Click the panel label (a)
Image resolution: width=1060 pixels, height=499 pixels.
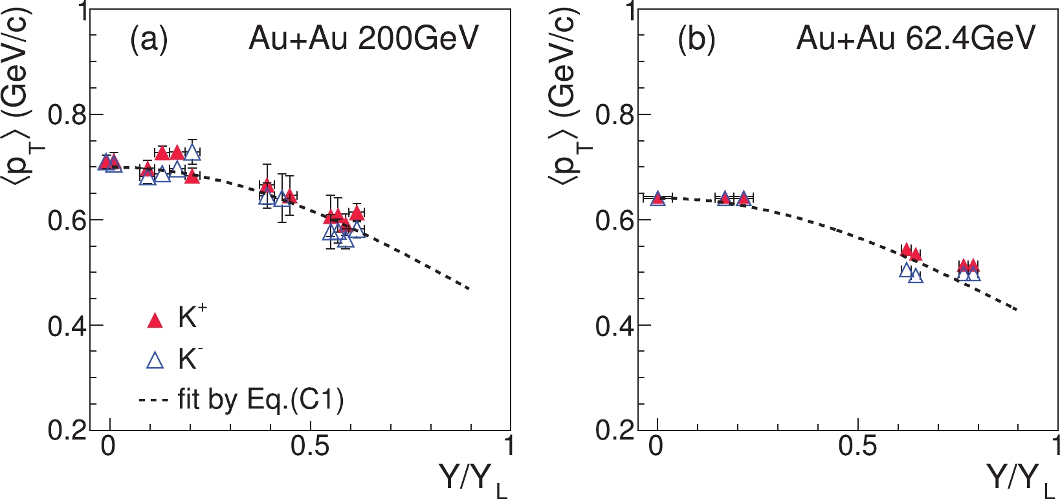pyautogui.click(x=149, y=39)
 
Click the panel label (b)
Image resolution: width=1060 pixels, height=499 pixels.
pyautogui.click(x=696, y=39)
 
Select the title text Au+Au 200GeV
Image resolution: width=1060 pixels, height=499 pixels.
pyautogui.click(x=363, y=39)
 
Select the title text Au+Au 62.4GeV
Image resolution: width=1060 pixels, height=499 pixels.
pyautogui.click(x=916, y=39)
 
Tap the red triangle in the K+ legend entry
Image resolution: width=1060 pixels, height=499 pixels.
pyautogui.click(x=155, y=320)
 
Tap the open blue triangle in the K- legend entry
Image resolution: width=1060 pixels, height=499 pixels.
pyautogui.click(x=155, y=360)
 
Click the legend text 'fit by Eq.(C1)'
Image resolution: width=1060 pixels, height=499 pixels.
pyautogui.click(x=260, y=400)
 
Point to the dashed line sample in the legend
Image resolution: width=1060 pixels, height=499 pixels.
pyautogui.click(x=153, y=401)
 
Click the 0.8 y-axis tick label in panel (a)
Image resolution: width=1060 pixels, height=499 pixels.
pyautogui.click(x=67, y=115)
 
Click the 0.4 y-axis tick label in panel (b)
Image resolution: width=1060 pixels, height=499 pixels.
pyautogui.click(x=615, y=326)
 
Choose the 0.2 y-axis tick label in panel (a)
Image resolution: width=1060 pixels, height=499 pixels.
pyautogui.click(x=67, y=430)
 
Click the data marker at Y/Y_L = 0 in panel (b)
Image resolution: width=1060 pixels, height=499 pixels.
pyautogui.click(x=657, y=198)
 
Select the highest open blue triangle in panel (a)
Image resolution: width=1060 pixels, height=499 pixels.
pyautogui.click(x=192, y=153)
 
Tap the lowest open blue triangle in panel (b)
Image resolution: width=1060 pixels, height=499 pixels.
pyautogui.click(x=916, y=277)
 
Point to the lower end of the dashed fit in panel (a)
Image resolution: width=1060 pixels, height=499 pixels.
pyautogui.click(x=469, y=288)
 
